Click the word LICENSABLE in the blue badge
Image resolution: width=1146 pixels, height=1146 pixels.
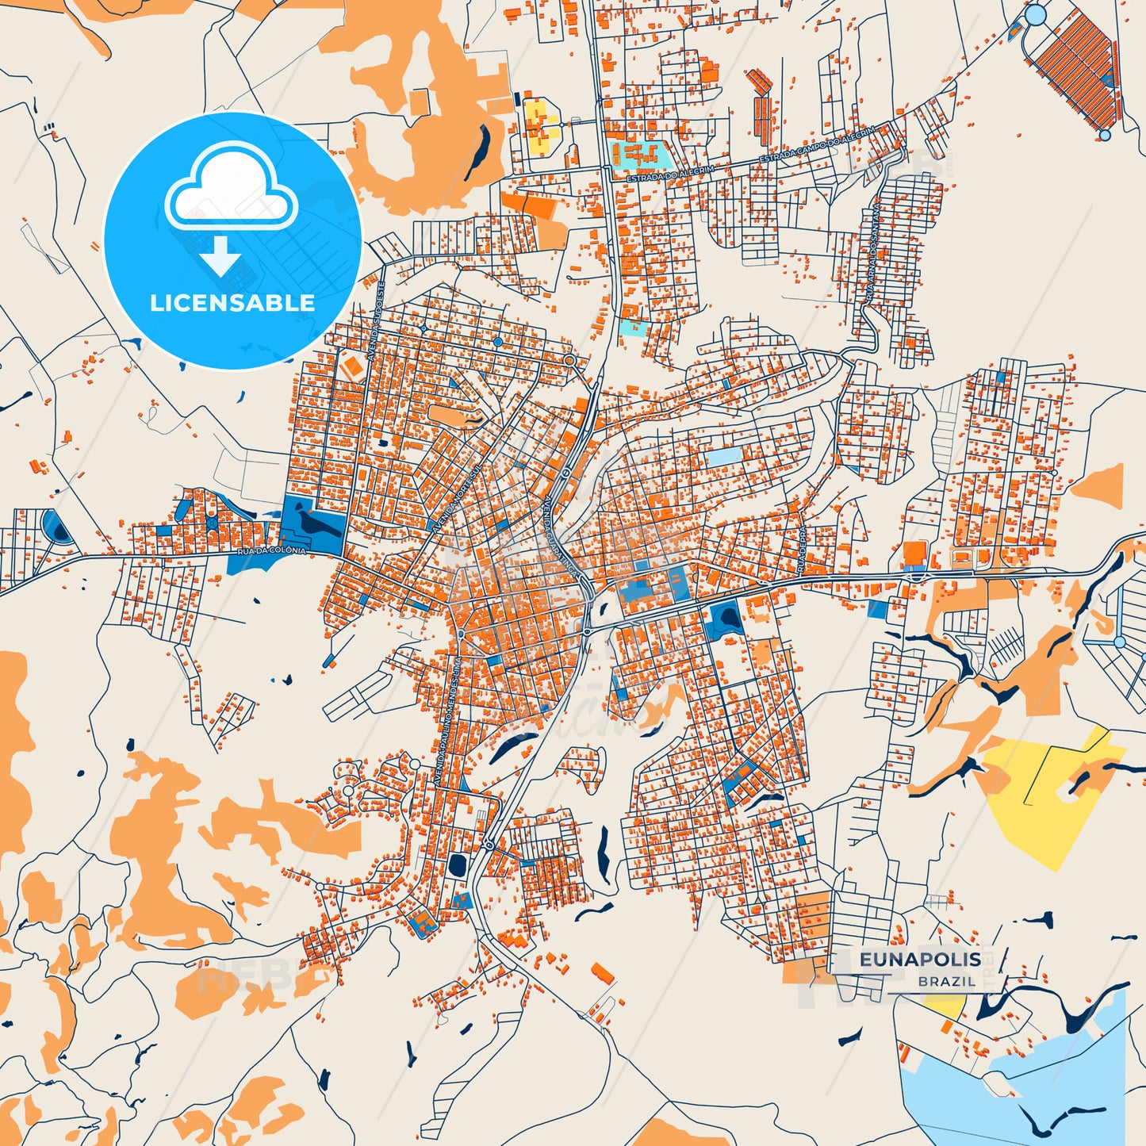(x=232, y=303)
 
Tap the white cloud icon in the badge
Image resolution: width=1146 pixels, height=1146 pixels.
(x=231, y=190)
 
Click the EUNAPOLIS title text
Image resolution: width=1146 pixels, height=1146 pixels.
(x=920, y=960)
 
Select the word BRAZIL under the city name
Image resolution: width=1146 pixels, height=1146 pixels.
(x=947, y=982)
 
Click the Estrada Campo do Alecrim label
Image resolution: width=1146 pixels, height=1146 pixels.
(x=817, y=144)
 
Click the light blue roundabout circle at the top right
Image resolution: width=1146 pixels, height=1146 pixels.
(x=1035, y=15)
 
